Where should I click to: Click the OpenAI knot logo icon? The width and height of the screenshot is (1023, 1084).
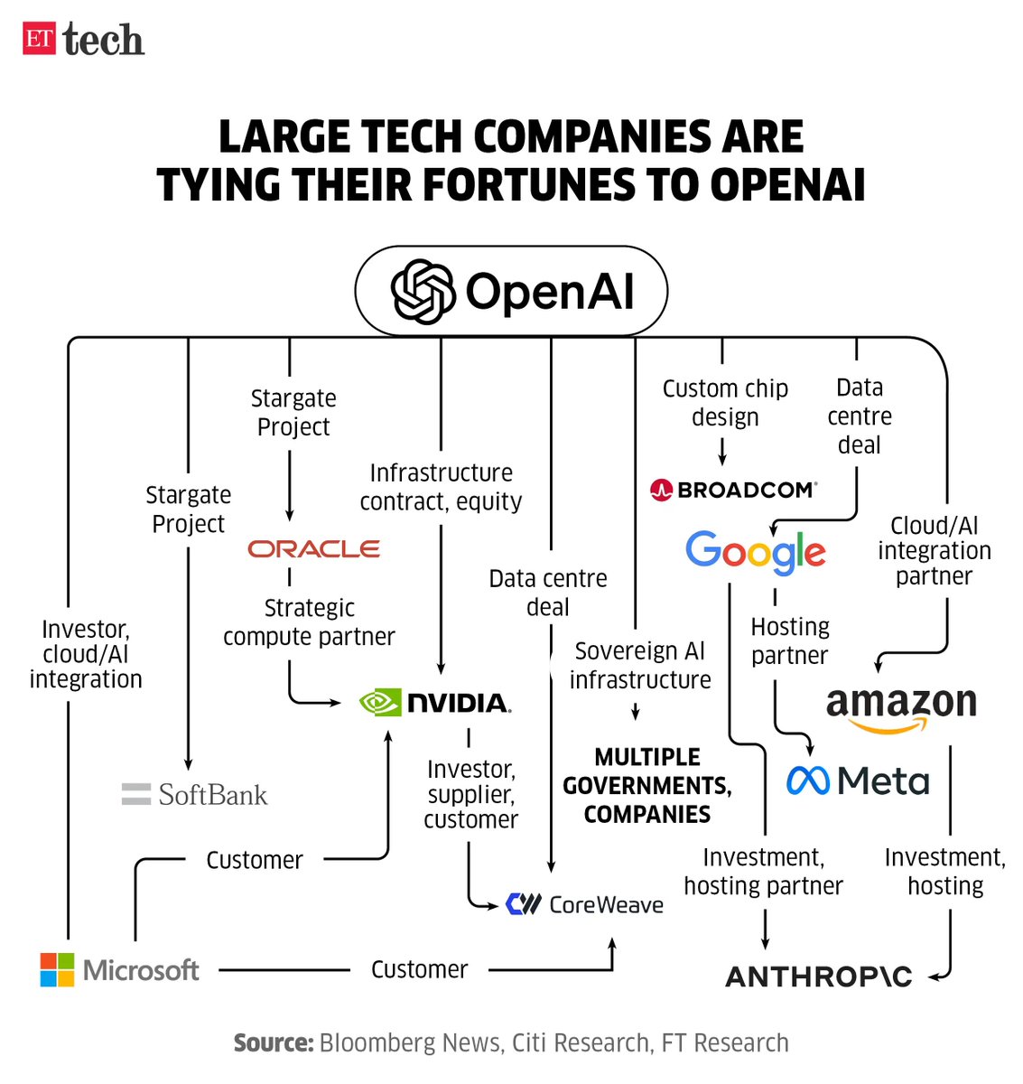coord(423,292)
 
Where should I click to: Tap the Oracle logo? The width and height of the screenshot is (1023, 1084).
coord(314,549)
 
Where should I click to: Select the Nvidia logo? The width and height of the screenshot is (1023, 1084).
coord(435,703)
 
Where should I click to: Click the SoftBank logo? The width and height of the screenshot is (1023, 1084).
coord(195,795)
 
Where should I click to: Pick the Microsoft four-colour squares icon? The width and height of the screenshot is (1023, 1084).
coord(58,970)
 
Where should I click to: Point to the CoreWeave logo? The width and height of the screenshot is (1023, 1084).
coord(585,904)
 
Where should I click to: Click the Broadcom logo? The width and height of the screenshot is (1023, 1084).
coord(733,491)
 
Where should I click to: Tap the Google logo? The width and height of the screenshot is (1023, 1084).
coord(756,552)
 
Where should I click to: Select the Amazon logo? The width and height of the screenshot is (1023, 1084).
coord(901,707)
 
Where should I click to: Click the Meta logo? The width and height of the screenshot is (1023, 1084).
coord(858,781)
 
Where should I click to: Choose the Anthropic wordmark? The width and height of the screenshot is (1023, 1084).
coord(819,977)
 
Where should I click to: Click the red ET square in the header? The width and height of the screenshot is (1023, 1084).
coord(39,39)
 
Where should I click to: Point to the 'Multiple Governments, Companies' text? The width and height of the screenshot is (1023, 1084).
coord(647,786)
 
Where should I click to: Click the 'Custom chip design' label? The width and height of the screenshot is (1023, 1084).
coord(725,403)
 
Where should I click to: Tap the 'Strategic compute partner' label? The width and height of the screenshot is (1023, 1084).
coord(309,622)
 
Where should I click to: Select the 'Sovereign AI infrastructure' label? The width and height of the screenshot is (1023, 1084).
coord(640,666)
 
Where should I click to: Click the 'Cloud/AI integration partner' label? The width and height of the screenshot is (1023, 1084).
coord(934,551)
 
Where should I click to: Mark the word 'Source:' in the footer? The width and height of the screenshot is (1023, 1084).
coord(274,1043)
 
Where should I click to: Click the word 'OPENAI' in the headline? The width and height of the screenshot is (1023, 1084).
coord(787,184)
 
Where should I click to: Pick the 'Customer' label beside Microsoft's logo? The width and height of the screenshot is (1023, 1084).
coord(420,970)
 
